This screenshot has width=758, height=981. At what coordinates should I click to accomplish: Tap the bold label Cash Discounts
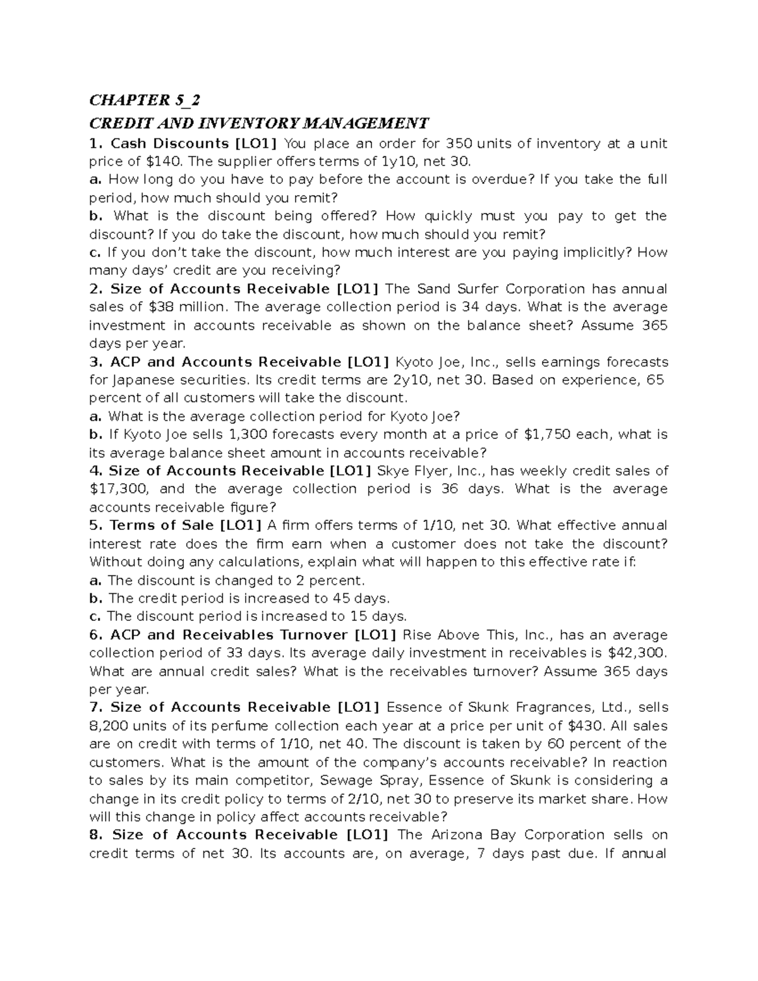[170, 143]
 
